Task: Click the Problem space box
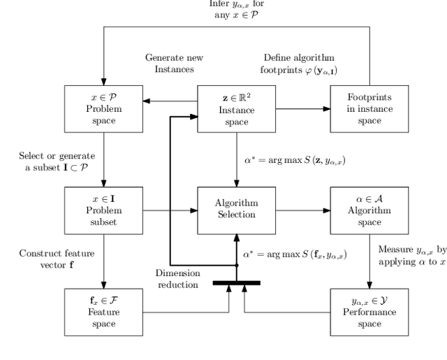point(103,108)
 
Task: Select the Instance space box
point(236,108)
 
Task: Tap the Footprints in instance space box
point(369,108)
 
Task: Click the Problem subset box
point(103,210)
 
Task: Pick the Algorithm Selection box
point(236,210)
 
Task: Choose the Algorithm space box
point(369,210)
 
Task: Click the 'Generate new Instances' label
point(169,63)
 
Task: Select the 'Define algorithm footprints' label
point(300,63)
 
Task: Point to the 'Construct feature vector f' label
point(57,259)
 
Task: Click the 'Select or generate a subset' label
point(57,161)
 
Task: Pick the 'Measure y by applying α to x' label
point(411,256)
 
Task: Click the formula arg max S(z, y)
point(295,161)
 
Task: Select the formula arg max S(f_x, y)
point(295,254)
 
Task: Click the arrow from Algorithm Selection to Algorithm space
point(302,210)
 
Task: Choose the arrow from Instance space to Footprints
point(302,108)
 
